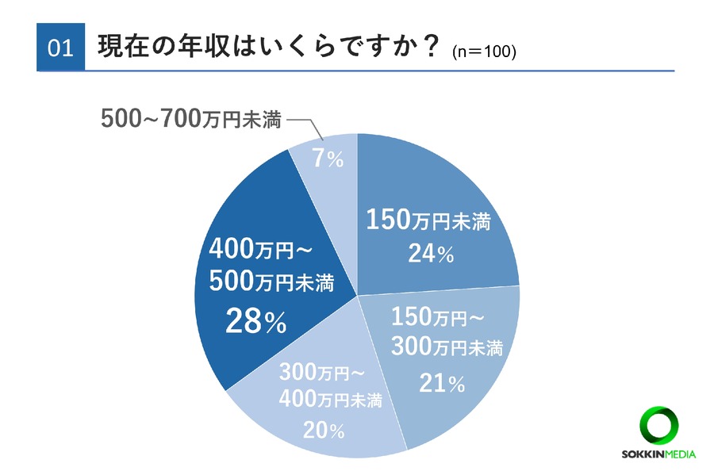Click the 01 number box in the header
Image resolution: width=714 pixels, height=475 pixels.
tap(60, 48)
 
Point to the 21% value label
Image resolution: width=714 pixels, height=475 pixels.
tap(442, 383)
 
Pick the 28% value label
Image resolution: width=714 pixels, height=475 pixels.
tap(255, 321)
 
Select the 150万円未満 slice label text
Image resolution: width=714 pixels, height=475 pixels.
tap(428, 221)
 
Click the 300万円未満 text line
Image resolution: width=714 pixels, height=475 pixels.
tap(447, 347)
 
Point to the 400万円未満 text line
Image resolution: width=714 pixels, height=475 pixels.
tap(330, 399)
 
